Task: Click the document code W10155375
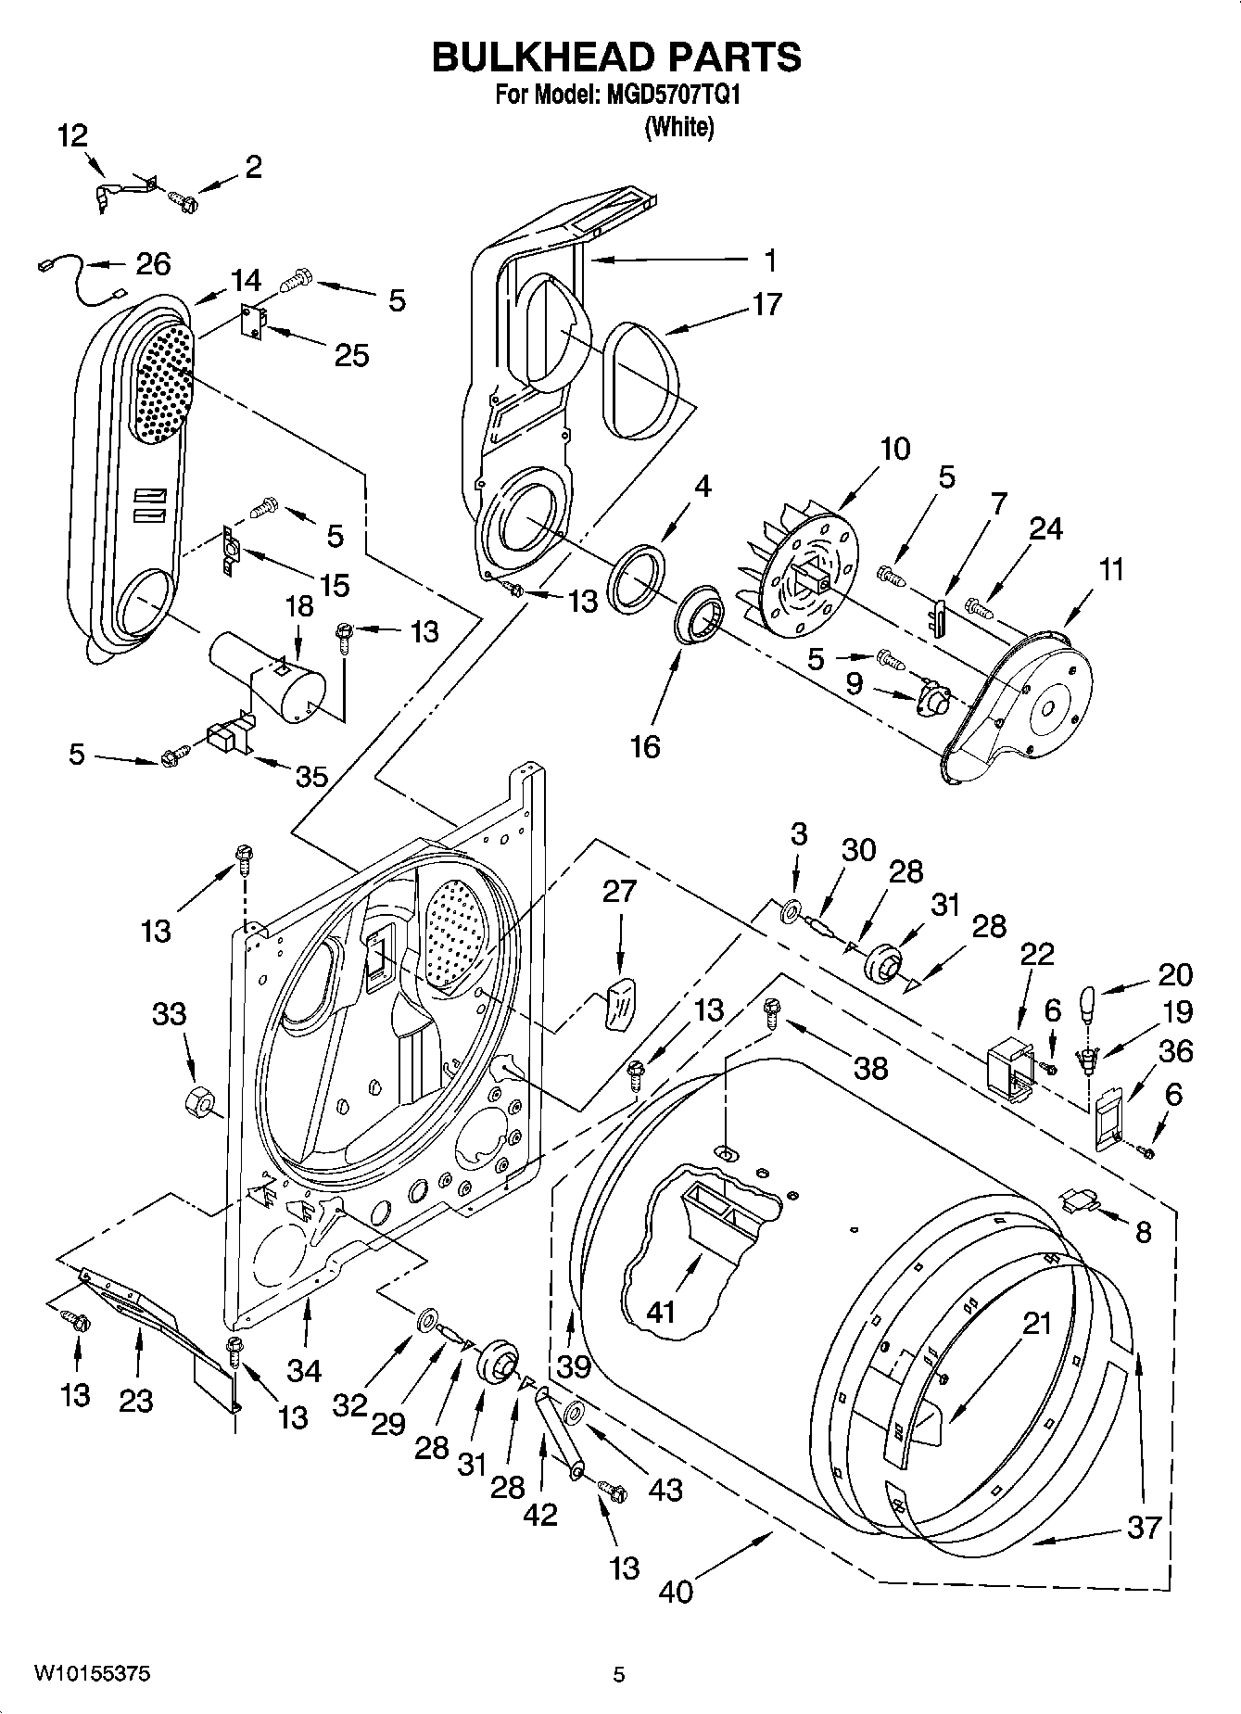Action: coord(93,1673)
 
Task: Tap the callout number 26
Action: coord(153,264)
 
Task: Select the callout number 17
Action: coord(766,304)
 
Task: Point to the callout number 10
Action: coord(894,449)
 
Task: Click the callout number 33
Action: coord(169,1016)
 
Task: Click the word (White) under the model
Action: coord(678,127)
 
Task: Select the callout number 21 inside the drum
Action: coord(1036,1323)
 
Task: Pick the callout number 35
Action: coord(311,777)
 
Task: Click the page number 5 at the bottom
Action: coord(618,1674)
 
